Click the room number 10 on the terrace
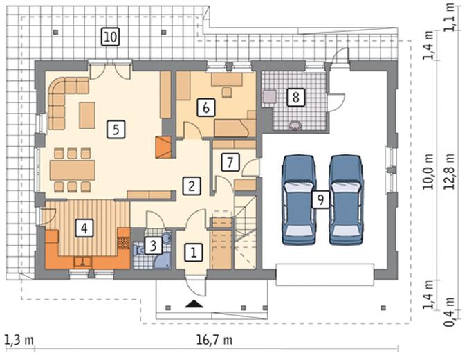(110, 37)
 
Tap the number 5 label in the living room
(116, 129)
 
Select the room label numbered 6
(206, 107)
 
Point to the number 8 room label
(295, 97)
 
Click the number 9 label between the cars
(320, 199)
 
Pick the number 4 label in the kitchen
(84, 228)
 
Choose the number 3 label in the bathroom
(153, 246)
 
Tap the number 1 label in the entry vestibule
(194, 253)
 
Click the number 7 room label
(230, 162)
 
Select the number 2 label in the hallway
(192, 186)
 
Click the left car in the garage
(299, 199)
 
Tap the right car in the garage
(346, 199)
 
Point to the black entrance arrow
(194, 304)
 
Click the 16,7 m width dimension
(214, 339)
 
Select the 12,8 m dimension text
(449, 172)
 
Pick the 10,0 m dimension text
(429, 172)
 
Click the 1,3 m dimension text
(19, 340)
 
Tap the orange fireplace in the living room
(163, 147)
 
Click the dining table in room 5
(73, 170)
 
